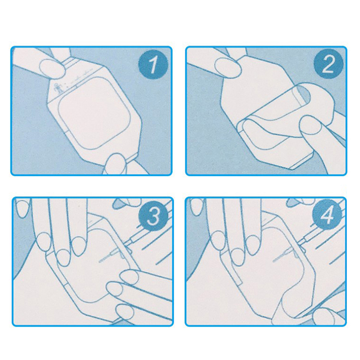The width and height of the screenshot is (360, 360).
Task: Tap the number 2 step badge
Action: pos(328,64)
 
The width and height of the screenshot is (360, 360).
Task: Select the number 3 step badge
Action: pos(153,216)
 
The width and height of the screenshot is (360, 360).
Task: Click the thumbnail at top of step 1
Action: pos(52,67)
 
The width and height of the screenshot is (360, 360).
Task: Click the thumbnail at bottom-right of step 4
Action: pos(323,317)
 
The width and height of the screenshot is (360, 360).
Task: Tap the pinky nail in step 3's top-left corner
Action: pos(21,208)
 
